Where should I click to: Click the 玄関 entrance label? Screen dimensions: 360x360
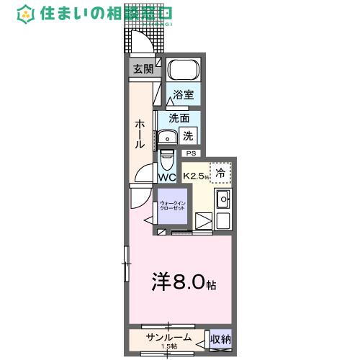click(x=143, y=69)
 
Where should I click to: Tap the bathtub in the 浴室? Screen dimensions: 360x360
click(x=184, y=72)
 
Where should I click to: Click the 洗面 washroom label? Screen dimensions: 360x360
click(x=179, y=118)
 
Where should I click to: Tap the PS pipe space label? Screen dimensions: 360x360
click(x=191, y=153)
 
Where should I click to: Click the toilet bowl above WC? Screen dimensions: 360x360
click(x=166, y=158)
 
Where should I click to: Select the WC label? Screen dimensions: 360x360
click(x=166, y=177)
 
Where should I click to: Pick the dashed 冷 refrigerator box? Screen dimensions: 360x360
click(x=221, y=172)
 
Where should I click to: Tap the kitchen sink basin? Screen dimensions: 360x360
click(x=222, y=200)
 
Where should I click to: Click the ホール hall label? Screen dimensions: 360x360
click(x=140, y=133)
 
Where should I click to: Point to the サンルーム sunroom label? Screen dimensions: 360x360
click(x=168, y=337)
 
